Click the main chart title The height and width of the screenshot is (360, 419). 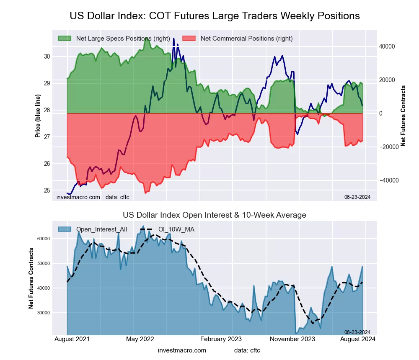pyautogui.click(x=215, y=16)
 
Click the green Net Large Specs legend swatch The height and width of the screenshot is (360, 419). pyautogui.click(x=65, y=39)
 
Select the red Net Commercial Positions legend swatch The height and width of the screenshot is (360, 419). pyautogui.click(x=189, y=39)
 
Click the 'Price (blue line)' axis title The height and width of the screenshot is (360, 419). pyautogui.click(x=38, y=116)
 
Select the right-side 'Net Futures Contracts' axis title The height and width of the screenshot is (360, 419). pyautogui.click(x=403, y=116)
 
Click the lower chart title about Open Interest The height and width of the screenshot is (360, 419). pyautogui.click(x=215, y=215)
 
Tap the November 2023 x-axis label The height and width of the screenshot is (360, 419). pyautogui.click(x=292, y=339)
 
